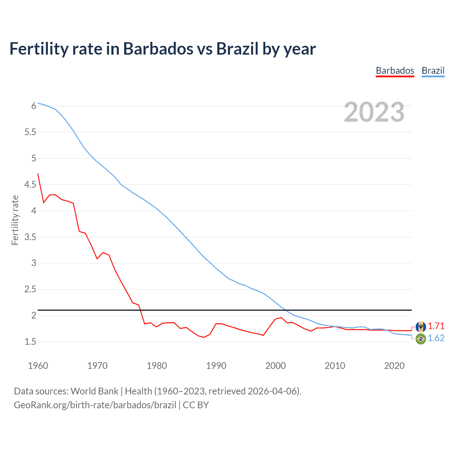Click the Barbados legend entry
pos(395,71)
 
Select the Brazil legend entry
pos(433,71)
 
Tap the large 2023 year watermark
pos(374,112)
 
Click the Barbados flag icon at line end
pos(421,326)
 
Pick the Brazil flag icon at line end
pos(421,339)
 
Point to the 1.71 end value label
pos(436,326)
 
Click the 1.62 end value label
pos(436,338)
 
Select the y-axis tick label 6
pos(34,106)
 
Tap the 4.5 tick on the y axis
pos(30,184)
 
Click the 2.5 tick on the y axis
pos(30,289)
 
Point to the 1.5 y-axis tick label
pos(30,342)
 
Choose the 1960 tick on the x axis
pos(38,366)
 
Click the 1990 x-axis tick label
pos(216,366)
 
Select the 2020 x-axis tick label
pos(394,366)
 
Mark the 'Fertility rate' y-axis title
pos(15,220)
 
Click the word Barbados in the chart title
pos(158,49)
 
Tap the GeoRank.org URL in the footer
pos(95,405)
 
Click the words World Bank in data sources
pos(94,391)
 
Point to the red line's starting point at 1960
pos(38,174)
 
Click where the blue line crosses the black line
pos(286,310)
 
